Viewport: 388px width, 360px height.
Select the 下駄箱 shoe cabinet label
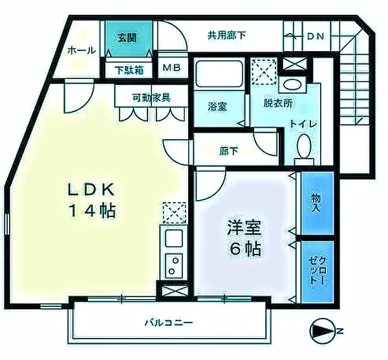pyautogui.click(x=129, y=69)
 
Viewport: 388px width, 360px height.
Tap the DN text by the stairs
pyautogui.click(x=315, y=36)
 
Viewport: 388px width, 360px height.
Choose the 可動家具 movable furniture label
pyautogui.click(x=151, y=98)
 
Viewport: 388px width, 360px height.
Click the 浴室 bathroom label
pyautogui.click(x=217, y=106)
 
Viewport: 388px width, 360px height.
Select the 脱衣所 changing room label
pyautogui.click(x=277, y=102)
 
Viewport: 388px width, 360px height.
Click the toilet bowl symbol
pyautogui.click(x=302, y=150)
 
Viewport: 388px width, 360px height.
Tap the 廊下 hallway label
pyautogui.click(x=228, y=152)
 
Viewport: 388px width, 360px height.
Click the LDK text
pyautogui.click(x=92, y=190)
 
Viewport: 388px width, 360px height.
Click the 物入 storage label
pyautogui.click(x=317, y=203)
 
